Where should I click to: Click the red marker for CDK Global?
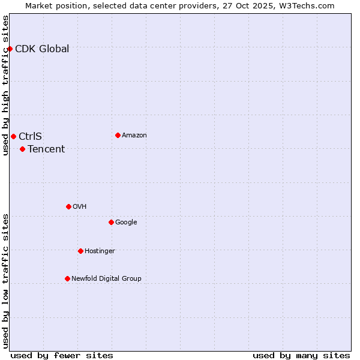[x=10, y=49]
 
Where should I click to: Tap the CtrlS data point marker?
[x=13, y=136]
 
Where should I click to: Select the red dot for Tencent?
[x=22, y=149]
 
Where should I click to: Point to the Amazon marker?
[x=118, y=135]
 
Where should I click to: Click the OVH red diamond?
[x=68, y=206]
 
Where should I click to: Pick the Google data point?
[x=111, y=222]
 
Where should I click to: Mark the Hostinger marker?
[x=80, y=251]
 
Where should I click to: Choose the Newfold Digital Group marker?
[x=67, y=278]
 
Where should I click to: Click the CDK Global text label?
[x=42, y=49]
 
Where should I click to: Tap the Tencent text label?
[x=46, y=149]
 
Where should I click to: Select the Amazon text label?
[x=134, y=136]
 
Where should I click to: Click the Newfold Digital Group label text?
[x=106, y=278]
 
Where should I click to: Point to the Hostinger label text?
[x=100, y=251]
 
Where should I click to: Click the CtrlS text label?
[x=30, y=137]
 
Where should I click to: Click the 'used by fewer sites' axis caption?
[x=62, y=355]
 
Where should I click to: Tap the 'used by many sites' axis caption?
[x=301, y=355]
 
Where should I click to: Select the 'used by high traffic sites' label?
[x=5, y=85]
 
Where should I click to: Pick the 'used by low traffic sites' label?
[x=5, y=281]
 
